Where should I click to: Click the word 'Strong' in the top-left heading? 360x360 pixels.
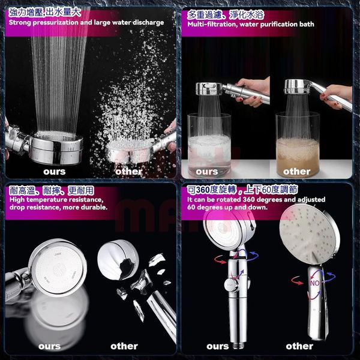coord(20,23)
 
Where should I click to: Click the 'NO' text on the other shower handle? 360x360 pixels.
coord(315,283)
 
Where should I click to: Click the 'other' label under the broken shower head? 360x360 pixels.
coord(124,346)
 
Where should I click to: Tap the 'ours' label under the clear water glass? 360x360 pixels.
coord(206,172)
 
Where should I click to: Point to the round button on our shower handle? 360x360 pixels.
coord(231,285)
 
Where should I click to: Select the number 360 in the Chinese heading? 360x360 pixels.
coord(203,190)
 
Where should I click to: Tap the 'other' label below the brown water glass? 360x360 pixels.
coord(296,172)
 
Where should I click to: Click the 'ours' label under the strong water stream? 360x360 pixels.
coord(55,172)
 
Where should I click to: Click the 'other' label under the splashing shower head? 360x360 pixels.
coord(129,172)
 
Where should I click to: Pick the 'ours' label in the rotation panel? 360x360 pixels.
coord(217,346)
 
